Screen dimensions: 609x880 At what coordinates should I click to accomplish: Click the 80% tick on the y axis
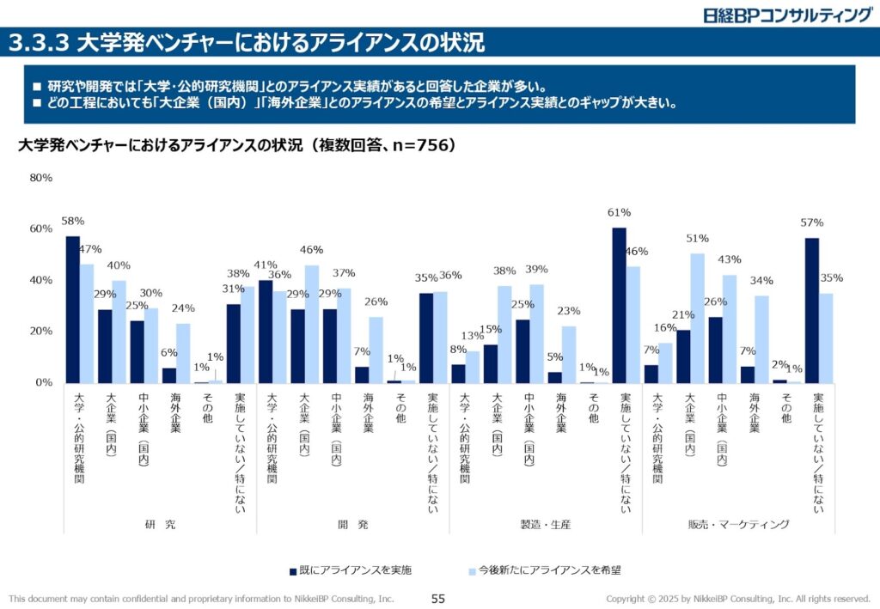[41, 178]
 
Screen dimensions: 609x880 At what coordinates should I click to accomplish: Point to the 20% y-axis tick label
[41, 331]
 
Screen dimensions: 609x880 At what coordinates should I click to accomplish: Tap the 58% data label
[73, 222]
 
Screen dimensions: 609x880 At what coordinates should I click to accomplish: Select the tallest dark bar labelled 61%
[619, 305]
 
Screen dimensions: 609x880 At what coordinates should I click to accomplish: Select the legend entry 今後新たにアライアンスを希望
[548, 569]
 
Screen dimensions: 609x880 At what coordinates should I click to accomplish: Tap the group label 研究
[160, 524]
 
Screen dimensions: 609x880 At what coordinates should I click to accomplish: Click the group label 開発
[352, 524]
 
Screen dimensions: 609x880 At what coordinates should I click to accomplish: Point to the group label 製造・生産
[545, 524]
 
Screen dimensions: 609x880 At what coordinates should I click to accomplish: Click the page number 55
[438, 598]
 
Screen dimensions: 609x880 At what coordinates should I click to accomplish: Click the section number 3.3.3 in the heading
[39, 41]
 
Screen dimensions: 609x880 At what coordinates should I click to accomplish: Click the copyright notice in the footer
[738, 598]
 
